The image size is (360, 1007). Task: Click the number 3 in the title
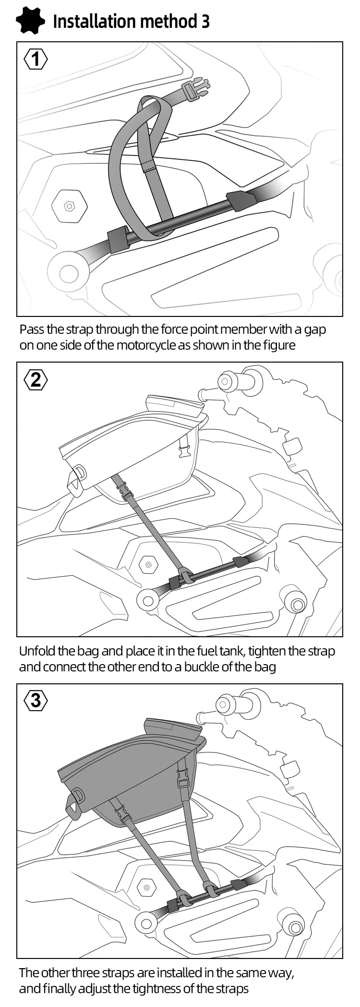coord(204,22)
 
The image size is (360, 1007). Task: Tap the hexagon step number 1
coord(36,60)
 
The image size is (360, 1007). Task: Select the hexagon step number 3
coord(36,701)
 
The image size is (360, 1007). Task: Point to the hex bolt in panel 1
coord(70,206)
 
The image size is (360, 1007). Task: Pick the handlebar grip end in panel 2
coord(225,382)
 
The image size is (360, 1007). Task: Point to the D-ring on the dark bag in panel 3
coord(79,795)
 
